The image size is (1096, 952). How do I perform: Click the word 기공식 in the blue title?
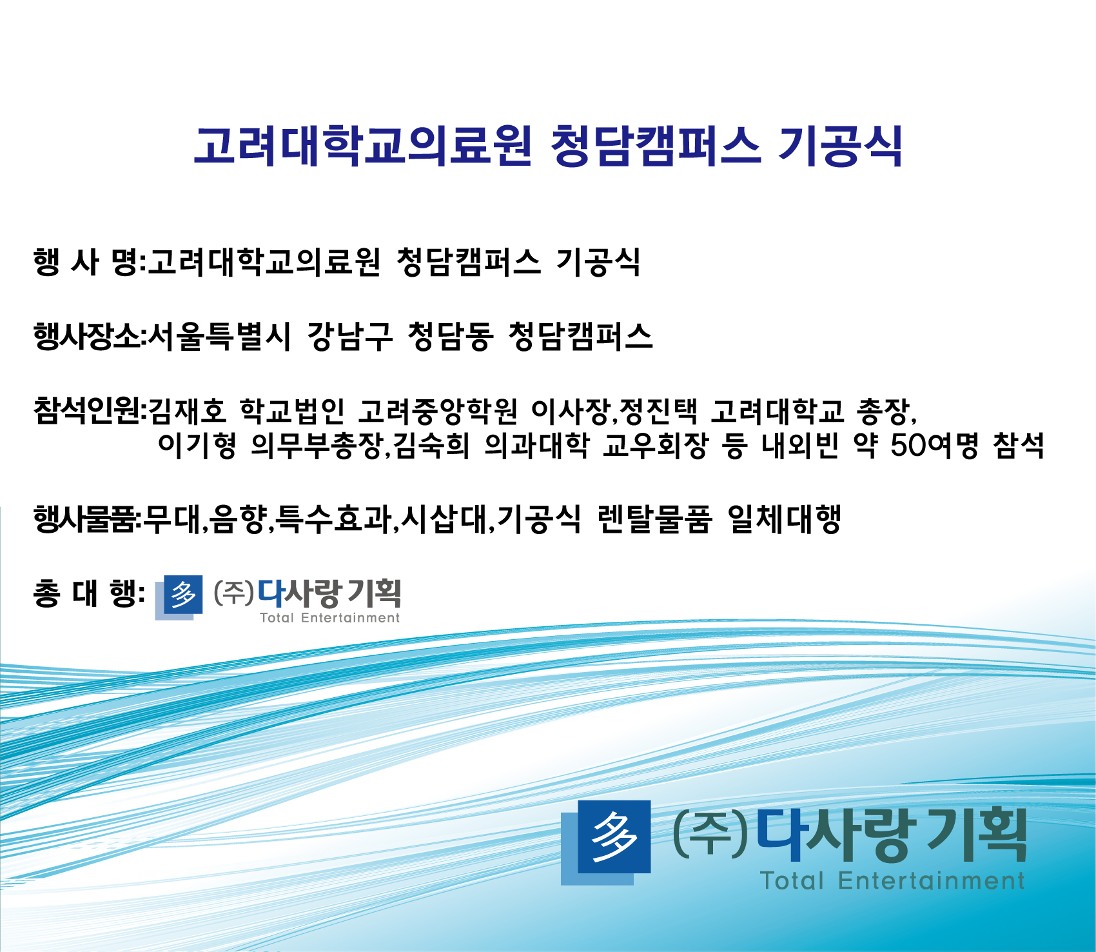click(x=840, y=146)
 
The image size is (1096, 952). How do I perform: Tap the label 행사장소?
click(x=88, y=337)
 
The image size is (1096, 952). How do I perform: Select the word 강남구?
click(x=349, y=337)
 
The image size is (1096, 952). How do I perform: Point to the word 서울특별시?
click(x=219, y=337)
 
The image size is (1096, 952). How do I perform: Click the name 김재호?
click(x=188, y=411)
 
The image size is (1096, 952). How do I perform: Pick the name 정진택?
click(x=658, y=411)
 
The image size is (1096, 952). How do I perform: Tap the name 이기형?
click(x=197, y=445)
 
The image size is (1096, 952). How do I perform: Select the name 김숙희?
click(x=431, y=445)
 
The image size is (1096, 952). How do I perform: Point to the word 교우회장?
click(x=656, y=445)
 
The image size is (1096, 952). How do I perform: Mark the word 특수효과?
click(x=333, y=519)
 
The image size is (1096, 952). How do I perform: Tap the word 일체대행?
click(x=784, y=519)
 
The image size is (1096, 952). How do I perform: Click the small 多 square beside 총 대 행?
click(x=182, y=595)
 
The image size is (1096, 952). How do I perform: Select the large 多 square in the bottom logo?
click(x=614, y=837)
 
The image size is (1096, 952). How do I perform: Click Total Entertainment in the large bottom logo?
click(x=892, y=880)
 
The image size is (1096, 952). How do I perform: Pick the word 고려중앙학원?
click(x=438, y=411)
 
